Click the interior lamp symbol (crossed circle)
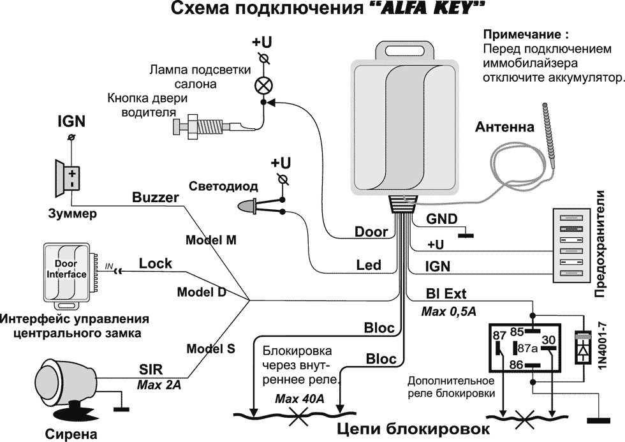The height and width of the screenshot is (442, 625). click(x=262, y=85)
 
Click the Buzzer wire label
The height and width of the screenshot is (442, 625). click(x=155, y=198)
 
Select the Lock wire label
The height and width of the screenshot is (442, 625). click(x=155, y=263)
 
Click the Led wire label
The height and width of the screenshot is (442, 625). click(x=368, y=265)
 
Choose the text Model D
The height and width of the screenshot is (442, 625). click(x=202, y=292)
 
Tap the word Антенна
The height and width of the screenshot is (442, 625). click(x=504, y=128)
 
